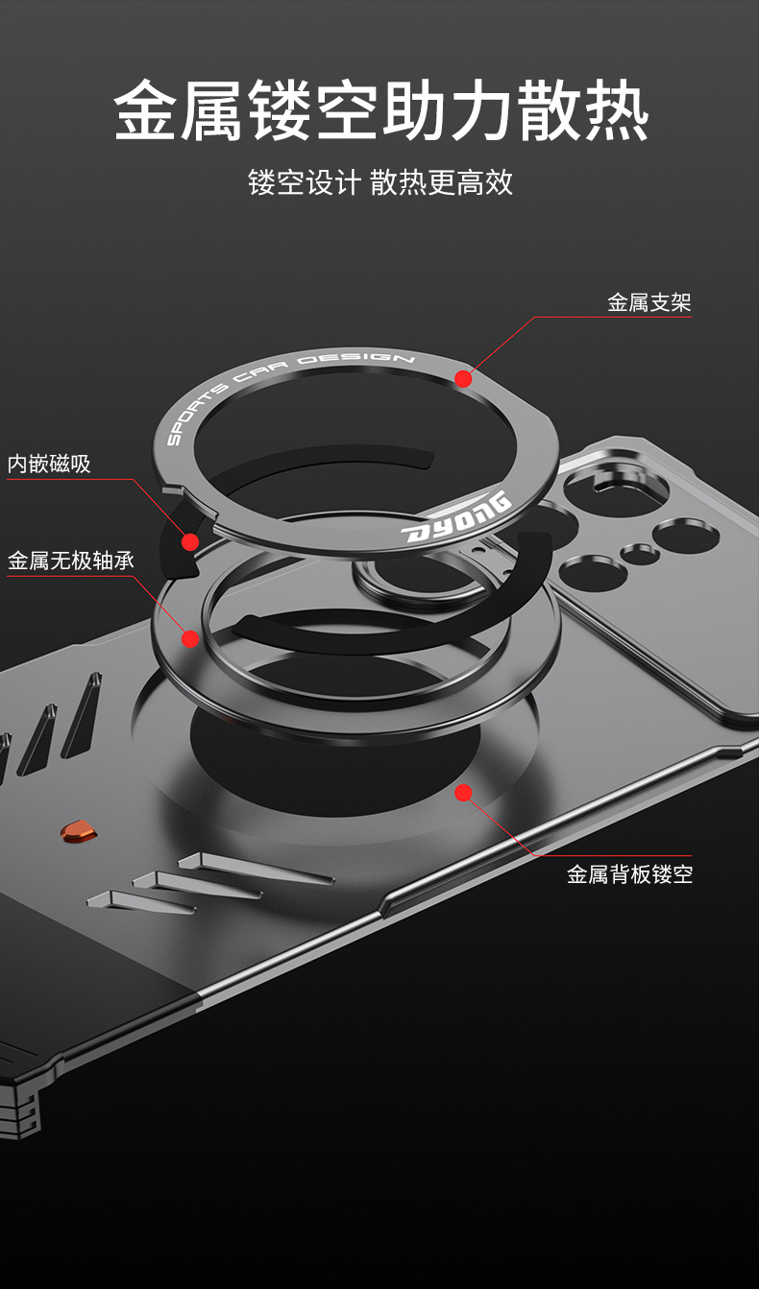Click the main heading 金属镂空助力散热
click(x=381, y=112)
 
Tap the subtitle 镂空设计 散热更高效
click(x=380, y=181)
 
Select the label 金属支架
click(x=649, y=303)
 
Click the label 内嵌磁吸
click(x=49, y=465)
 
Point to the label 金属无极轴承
click(x=71, y=561)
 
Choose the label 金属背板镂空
click(x=629, y=874)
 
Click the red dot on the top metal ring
click(x=463, y=379)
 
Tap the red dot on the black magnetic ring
click(x=190, y=542)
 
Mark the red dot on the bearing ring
click(x=190, y=638)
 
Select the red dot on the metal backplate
click(x=463, y=793)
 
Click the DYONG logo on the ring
click(x=456, y=519)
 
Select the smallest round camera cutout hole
click(x=638, y=553)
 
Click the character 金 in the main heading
click(x=147, y=112)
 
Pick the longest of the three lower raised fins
click(x=255, y=866)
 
